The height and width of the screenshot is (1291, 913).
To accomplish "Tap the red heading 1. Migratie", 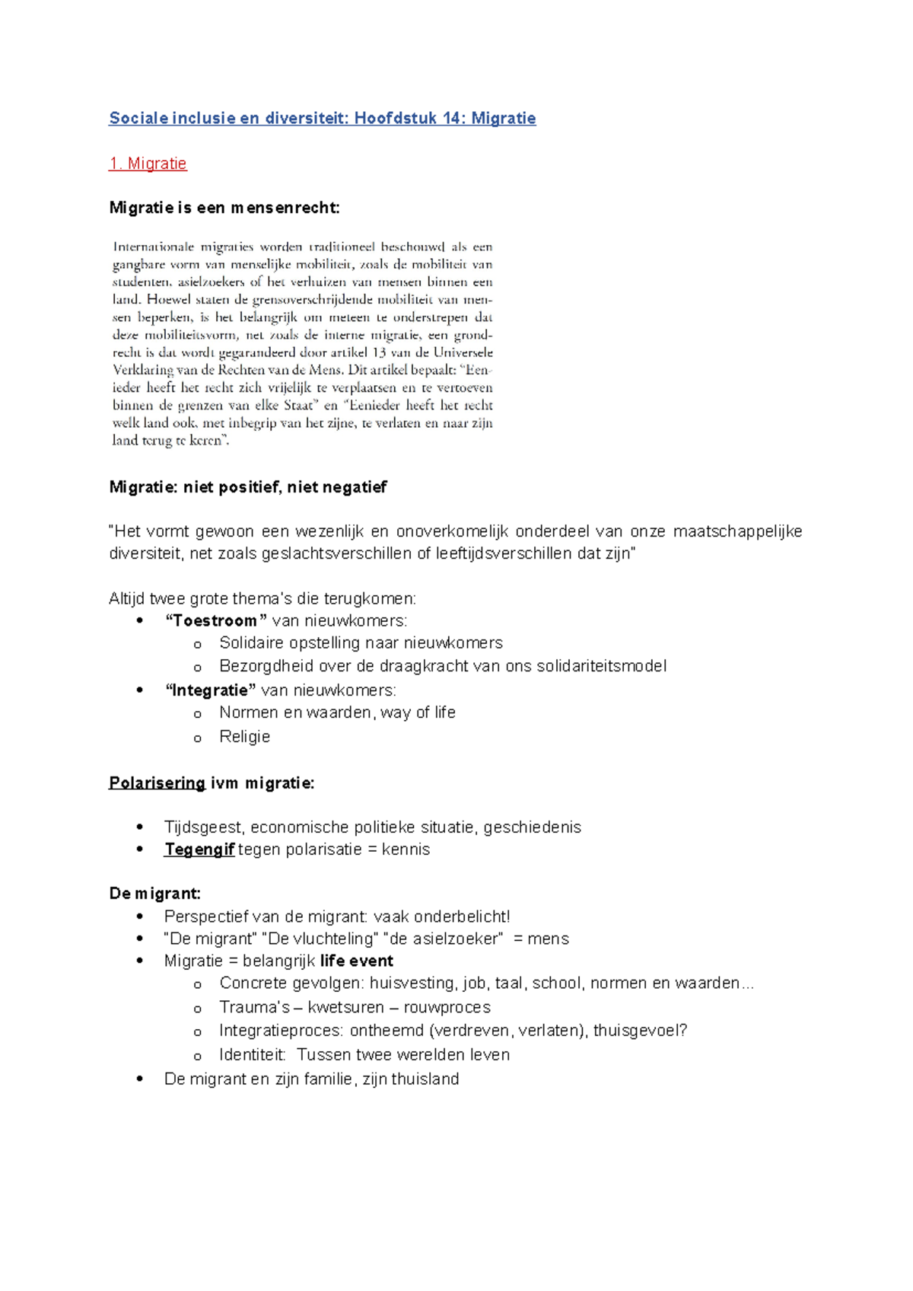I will (x=148, y=164).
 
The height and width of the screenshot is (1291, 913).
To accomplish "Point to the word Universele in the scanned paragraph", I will (x=463, y=352).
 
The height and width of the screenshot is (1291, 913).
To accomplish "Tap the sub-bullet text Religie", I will (x=245, y=736).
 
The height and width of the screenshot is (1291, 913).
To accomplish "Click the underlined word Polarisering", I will (x=157, y=783).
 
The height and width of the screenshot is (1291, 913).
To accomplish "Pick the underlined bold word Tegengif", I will (x=199, y=850).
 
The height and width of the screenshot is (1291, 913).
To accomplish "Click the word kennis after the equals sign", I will (x=406, y=850).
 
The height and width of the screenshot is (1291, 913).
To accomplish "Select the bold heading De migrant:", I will (x=155, y=894).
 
